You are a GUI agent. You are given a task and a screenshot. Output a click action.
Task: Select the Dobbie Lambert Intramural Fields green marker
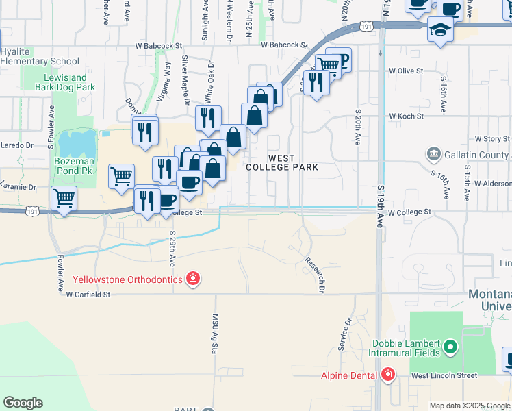[450, 347]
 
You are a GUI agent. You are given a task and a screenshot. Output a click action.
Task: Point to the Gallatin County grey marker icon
[432, 154]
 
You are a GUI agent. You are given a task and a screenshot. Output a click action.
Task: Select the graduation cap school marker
[439, 29]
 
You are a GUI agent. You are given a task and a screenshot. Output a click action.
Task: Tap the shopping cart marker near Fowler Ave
[64, 199]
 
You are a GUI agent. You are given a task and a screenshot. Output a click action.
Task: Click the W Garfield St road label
[88, 295]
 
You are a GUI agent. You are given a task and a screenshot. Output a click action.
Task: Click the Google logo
[23, 403]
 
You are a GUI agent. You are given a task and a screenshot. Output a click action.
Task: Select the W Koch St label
[407, 116]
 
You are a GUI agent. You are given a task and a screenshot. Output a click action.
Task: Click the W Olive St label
[406, 71]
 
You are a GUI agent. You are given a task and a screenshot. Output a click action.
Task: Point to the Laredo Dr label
[16, 145]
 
